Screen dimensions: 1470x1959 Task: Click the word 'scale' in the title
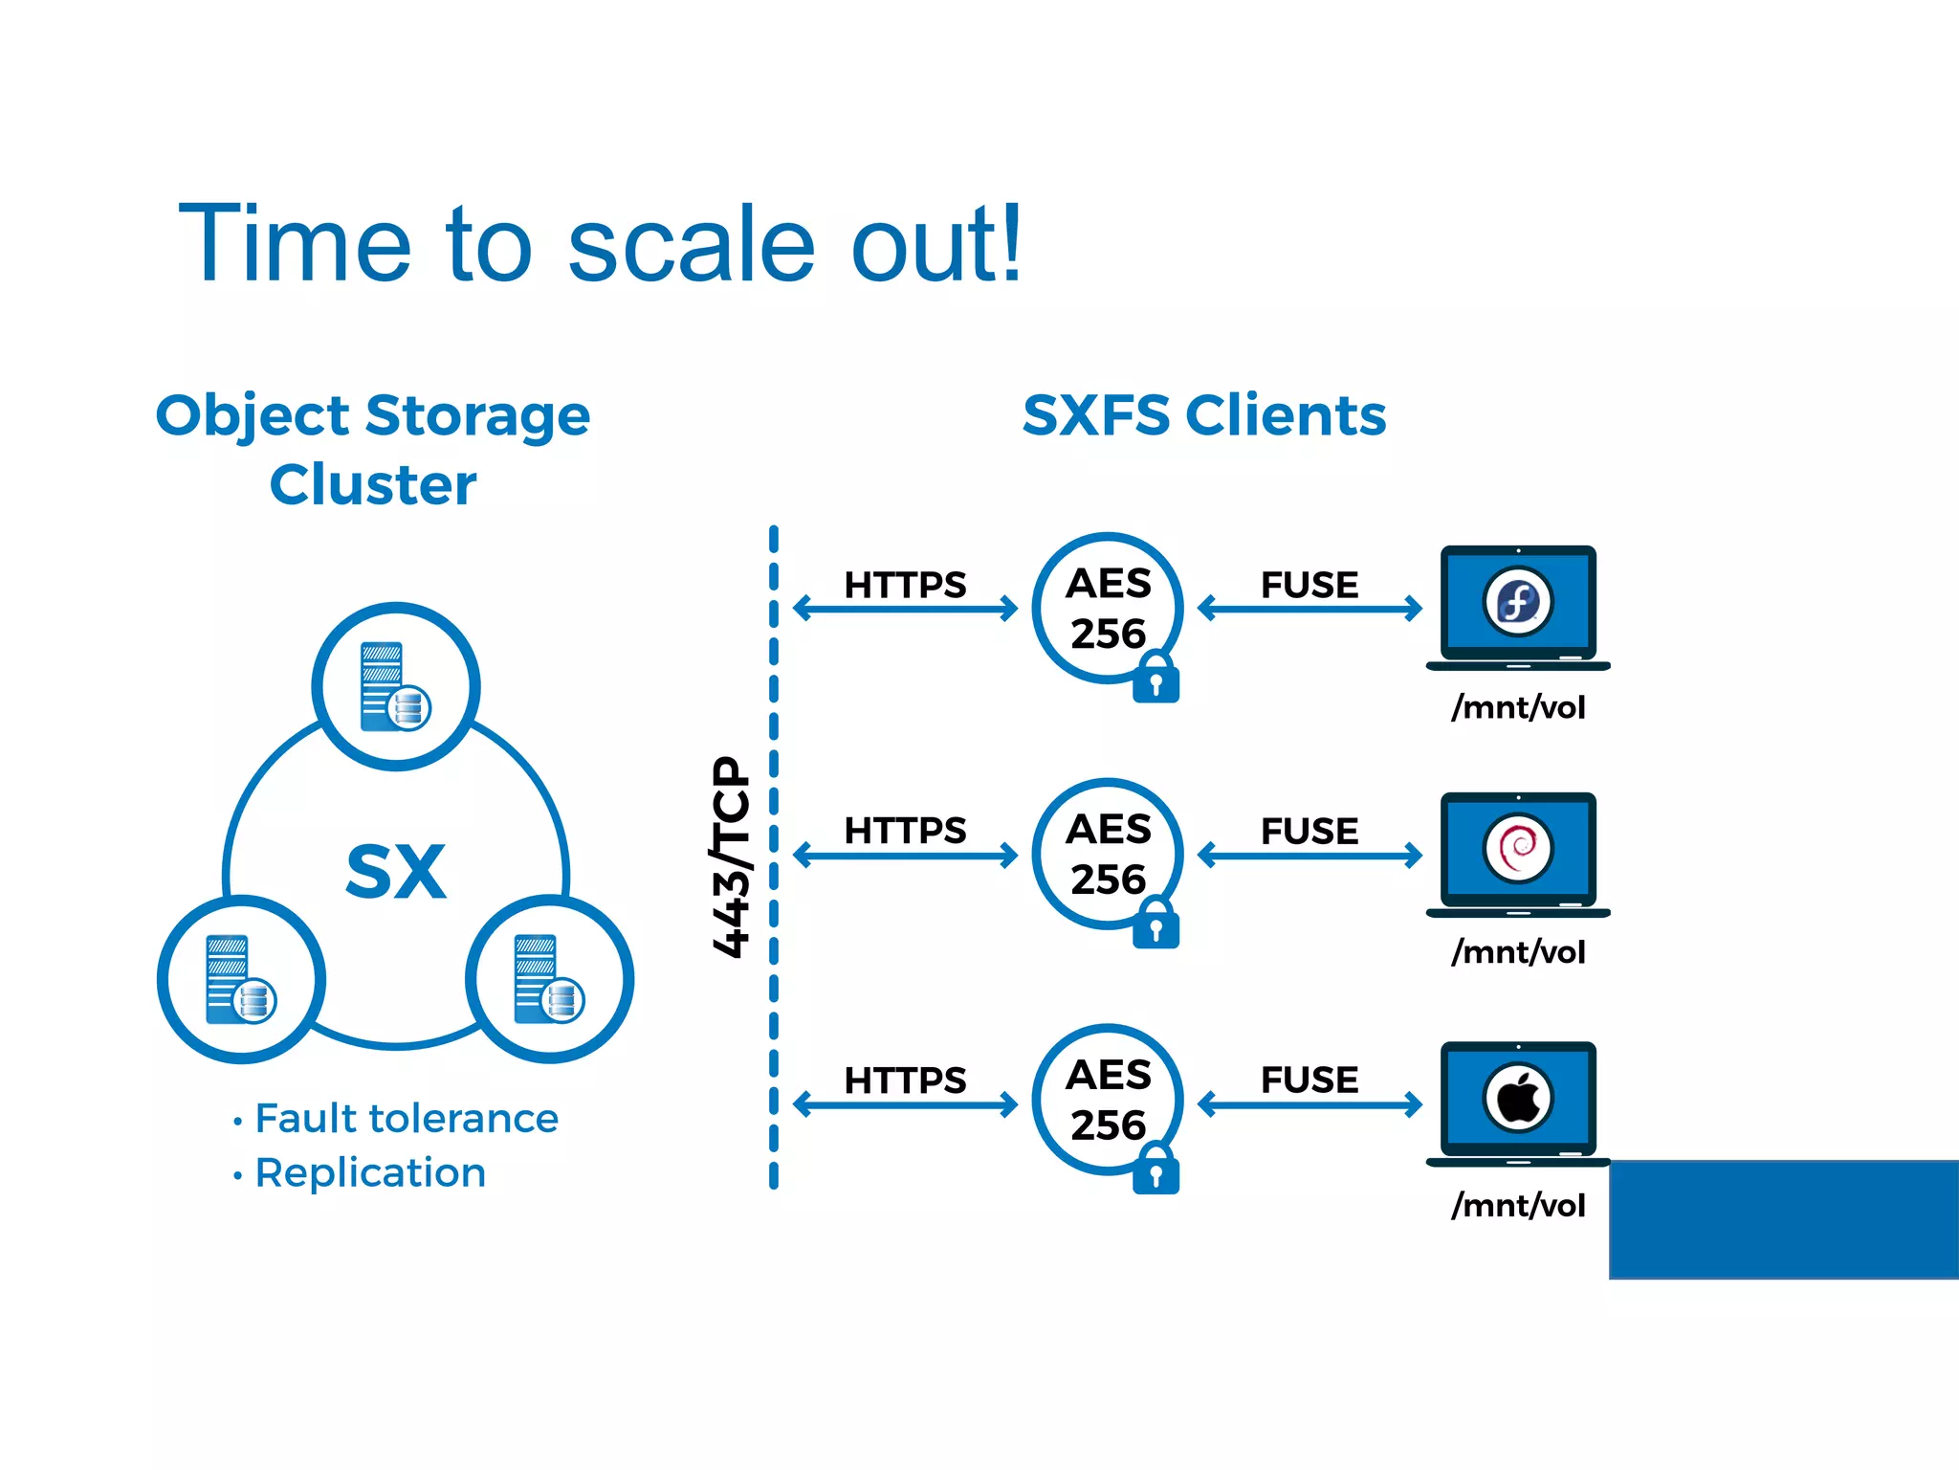tap(691, 247)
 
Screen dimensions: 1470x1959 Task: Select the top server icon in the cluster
tap(395, 686)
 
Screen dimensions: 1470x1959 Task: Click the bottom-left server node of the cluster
tap(241, 979)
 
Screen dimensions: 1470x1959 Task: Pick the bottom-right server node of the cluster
tap(549, 979)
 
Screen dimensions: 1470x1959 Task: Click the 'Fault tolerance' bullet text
tap(406, 1118)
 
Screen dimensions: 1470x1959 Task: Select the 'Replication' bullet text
tap(370, 1172)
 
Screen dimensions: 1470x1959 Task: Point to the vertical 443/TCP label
tap(732, 856)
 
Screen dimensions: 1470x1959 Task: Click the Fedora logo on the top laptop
tap(1518, 602)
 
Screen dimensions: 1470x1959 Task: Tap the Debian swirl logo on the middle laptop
tap(1518, 848)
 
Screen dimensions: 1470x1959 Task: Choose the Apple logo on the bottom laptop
tap(1518, 1097)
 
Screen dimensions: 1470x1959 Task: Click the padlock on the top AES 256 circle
tap(1156, 679)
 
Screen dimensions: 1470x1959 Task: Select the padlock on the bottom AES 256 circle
tap(1156, 1170)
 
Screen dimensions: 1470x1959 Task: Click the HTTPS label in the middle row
tap(905, 830)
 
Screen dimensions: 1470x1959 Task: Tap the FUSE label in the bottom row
tap(1310, 1080)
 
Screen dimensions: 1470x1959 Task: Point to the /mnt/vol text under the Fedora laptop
tap(1518, 707)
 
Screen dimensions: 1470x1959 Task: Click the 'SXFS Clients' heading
tap(1204, 415)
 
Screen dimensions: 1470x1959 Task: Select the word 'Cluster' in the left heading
tap(373, 484)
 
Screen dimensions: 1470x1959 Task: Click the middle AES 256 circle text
tap(1108, 854)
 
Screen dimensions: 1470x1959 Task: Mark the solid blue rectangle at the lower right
tap(1784, 1219)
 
